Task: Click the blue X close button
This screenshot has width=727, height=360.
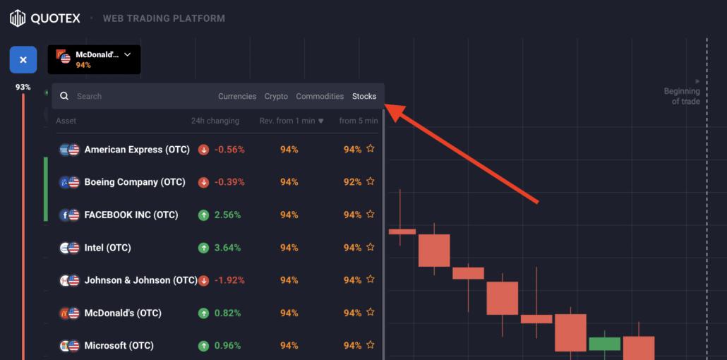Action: tap(23, 60)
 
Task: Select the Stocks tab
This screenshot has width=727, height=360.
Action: tap(364, 96)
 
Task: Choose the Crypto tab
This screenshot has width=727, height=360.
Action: tap(276, 96)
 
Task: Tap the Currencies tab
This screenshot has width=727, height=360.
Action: tap(237, 96)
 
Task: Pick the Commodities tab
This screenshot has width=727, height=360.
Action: tap(320, 96)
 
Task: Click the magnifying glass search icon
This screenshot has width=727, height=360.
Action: tap(64, 96)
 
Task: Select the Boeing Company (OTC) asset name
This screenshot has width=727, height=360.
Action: tap(134, 182)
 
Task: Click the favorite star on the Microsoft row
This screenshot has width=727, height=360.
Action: tap(371, 346)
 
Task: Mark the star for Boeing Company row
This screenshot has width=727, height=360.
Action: tap(371, 182)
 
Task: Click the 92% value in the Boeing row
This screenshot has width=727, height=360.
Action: tap(352, 182)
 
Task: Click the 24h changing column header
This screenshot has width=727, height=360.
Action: tap(215, 121)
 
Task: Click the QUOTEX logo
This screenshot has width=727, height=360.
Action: tap(47, 18)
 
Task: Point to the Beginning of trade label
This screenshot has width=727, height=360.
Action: tap(682, 96)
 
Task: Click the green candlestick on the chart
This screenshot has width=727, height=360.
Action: tap(604, 344)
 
